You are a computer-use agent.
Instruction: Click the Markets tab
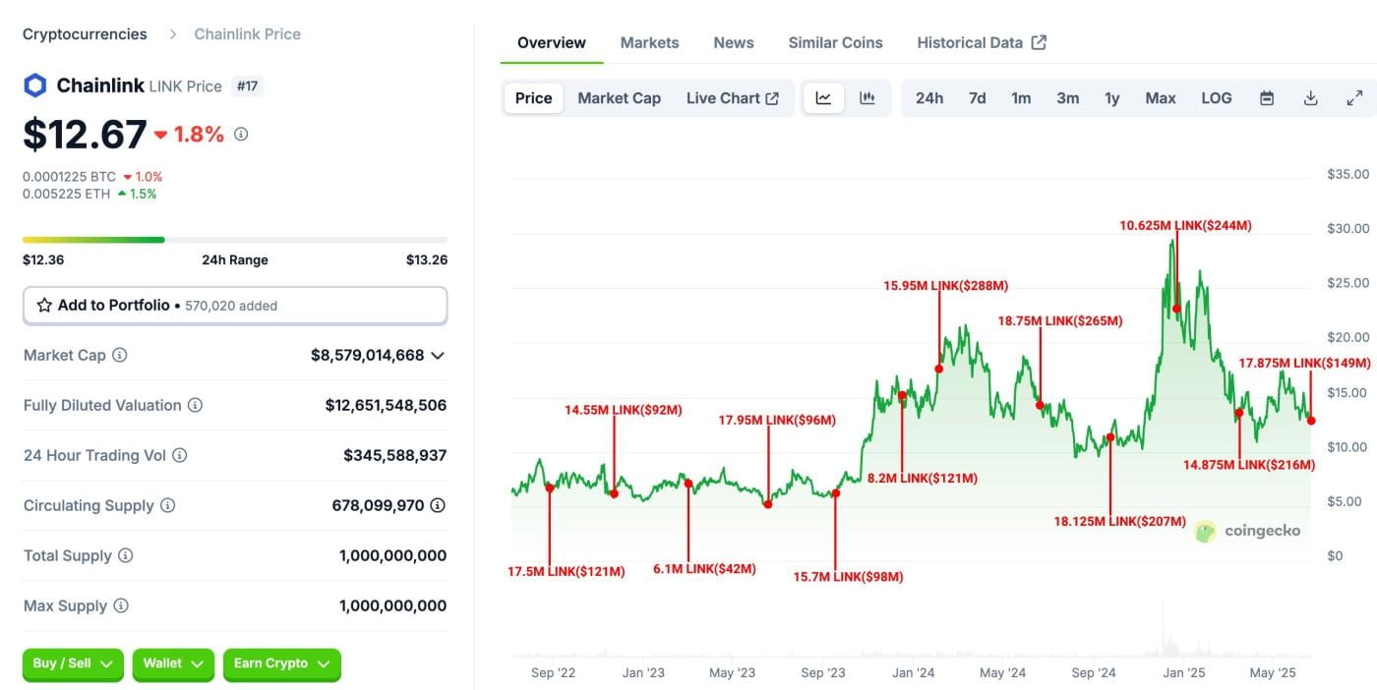click(649, 43)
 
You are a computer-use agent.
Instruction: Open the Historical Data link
click(981, 43)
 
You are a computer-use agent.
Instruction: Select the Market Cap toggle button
click(619, 98)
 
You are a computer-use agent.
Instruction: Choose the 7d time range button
click(977, 98)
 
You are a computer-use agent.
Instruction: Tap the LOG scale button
click(1216, 98)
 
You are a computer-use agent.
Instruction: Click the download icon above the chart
click(1310, 98)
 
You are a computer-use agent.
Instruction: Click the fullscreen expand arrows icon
click(1354, 98)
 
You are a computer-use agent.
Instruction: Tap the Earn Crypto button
click(281, 664)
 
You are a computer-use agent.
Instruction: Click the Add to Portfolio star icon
click(44, 306)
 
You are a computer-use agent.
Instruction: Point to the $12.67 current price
click(85, 135)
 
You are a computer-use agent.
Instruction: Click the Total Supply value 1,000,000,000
click(392, 555)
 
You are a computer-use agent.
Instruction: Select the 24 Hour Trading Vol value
click(394, 455)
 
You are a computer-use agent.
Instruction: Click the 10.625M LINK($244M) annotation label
click(1185, 226)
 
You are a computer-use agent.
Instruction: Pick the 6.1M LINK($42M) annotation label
click(704, 569)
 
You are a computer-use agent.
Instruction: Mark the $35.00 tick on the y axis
click(1347, 175)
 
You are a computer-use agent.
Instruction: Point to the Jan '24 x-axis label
click(913, 673)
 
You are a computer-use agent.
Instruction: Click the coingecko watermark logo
click(1247, 532)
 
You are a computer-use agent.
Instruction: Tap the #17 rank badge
click(247, 86)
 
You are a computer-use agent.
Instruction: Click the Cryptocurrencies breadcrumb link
click(85, 34)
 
